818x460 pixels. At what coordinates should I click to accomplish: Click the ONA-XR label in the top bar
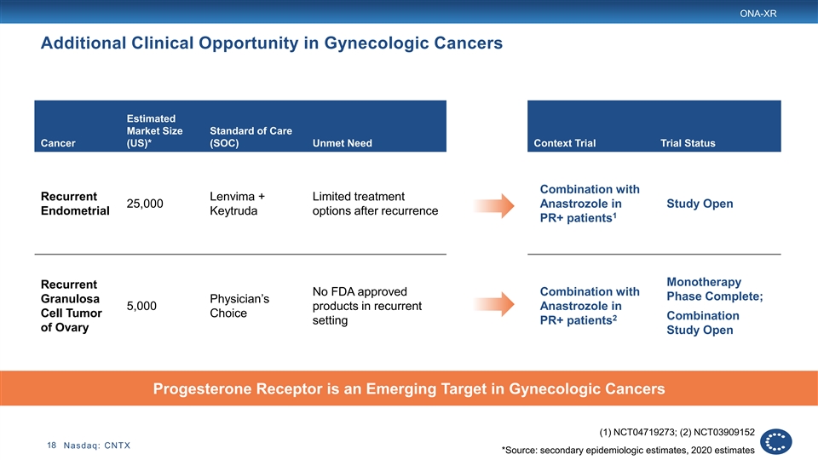pyautogui.click(x=758, y=14)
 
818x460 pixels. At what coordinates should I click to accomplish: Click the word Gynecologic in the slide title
pyautogui.click(x=375, y=43)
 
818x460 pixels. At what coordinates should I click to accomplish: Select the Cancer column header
pyautogui.click(x=58, y=143)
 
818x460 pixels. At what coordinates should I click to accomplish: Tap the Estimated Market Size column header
pyautogui.click(x=154, y=131)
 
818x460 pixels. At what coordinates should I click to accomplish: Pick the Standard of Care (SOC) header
pyautogui.click(x=251, y=136)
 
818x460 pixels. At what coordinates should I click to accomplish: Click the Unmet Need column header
pyautogui.click(x=343, y=143)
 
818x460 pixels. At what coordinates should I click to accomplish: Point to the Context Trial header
pyautogui.click(x=564, y=143)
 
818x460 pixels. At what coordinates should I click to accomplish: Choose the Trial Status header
pyautogui.click(x=688, y=143)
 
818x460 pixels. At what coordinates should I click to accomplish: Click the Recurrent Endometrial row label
pyautogui.click(x=75, y=204)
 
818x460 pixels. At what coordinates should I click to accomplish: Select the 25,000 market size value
pyautogui.click(x=145, y=204)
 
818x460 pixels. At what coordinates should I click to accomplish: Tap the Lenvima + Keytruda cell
pyautogui.click(x=238, y=204)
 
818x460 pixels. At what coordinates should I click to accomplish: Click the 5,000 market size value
pyautogui.click(x=141, y=306)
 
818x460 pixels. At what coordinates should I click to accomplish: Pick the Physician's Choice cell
pyautogui.click(x=239, y=306)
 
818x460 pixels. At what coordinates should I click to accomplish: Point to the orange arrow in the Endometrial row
pyautogui.click(x=494, y=205)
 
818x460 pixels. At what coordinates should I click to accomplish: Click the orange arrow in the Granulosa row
pyautogui.click(x=494, y=304)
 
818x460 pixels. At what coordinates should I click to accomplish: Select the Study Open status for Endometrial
pyautogui.click(x=700, y=204)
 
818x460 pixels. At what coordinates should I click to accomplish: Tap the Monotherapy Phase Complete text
pyautogui.click(x=715, y=289)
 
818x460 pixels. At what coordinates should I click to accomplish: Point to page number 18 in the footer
pyautogui.click(x=52, y=446)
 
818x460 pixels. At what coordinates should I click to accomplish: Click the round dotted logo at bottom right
pyautogui.click(x=775, y=442)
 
